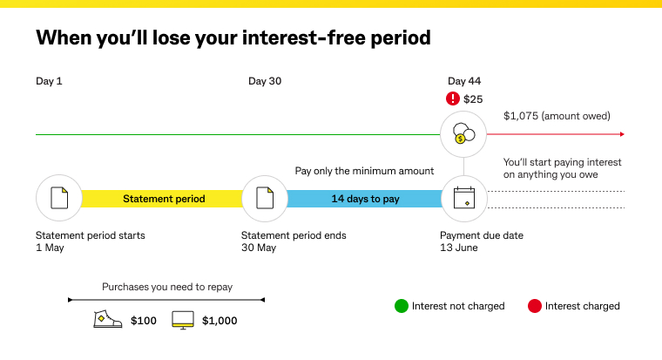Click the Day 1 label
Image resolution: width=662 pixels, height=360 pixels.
[49, 82]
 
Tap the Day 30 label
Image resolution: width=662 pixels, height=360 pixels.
[265, 82]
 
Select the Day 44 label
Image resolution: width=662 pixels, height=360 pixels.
[464, 82]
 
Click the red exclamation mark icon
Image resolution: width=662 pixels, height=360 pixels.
[452, 99]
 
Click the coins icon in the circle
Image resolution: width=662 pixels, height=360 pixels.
[463, 134]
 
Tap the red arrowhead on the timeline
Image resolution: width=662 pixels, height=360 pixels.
[621, 134]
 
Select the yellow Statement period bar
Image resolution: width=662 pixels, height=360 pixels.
[163, 199]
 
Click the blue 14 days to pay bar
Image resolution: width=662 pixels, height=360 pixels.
[365, 199]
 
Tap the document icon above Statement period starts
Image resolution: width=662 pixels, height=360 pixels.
[58, 198]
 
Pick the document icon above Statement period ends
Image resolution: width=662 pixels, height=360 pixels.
[264, 198]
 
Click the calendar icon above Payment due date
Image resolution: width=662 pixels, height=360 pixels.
[463, 198]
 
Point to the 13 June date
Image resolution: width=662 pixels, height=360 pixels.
[459, 248]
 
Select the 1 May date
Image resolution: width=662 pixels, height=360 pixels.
[50, 248]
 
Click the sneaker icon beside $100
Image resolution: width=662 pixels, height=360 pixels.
[107, 320]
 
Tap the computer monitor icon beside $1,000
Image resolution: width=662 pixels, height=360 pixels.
[182, 320]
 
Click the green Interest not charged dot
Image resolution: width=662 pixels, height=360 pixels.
[401, 306]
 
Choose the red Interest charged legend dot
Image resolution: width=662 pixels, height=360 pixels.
[534, 306]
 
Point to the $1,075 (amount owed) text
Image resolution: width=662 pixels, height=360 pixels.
[557, 116]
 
